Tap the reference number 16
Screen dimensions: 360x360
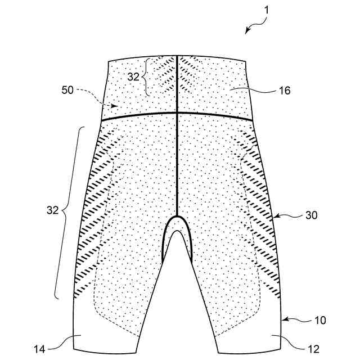[285, 89]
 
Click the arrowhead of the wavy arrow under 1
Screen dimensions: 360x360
[246, 32]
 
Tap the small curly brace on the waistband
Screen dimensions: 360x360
[145, 77]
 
